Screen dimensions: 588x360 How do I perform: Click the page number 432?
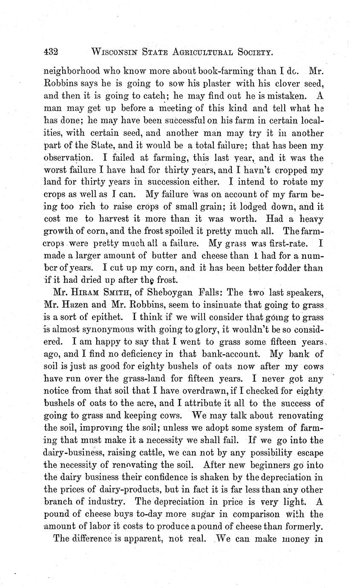[x=51, y=52]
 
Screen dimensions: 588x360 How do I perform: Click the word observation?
[x=68, y=157]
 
